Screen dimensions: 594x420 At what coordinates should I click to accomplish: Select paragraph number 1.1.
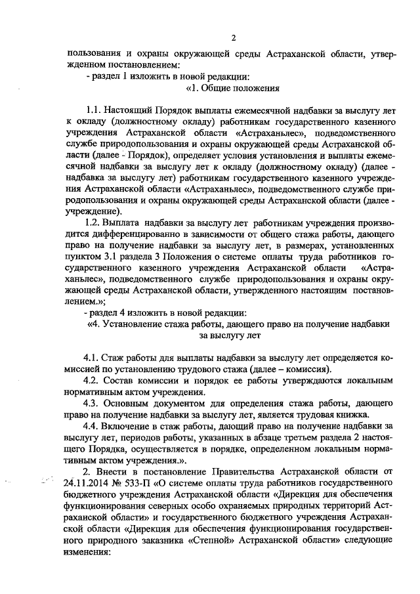click(96, 110)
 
